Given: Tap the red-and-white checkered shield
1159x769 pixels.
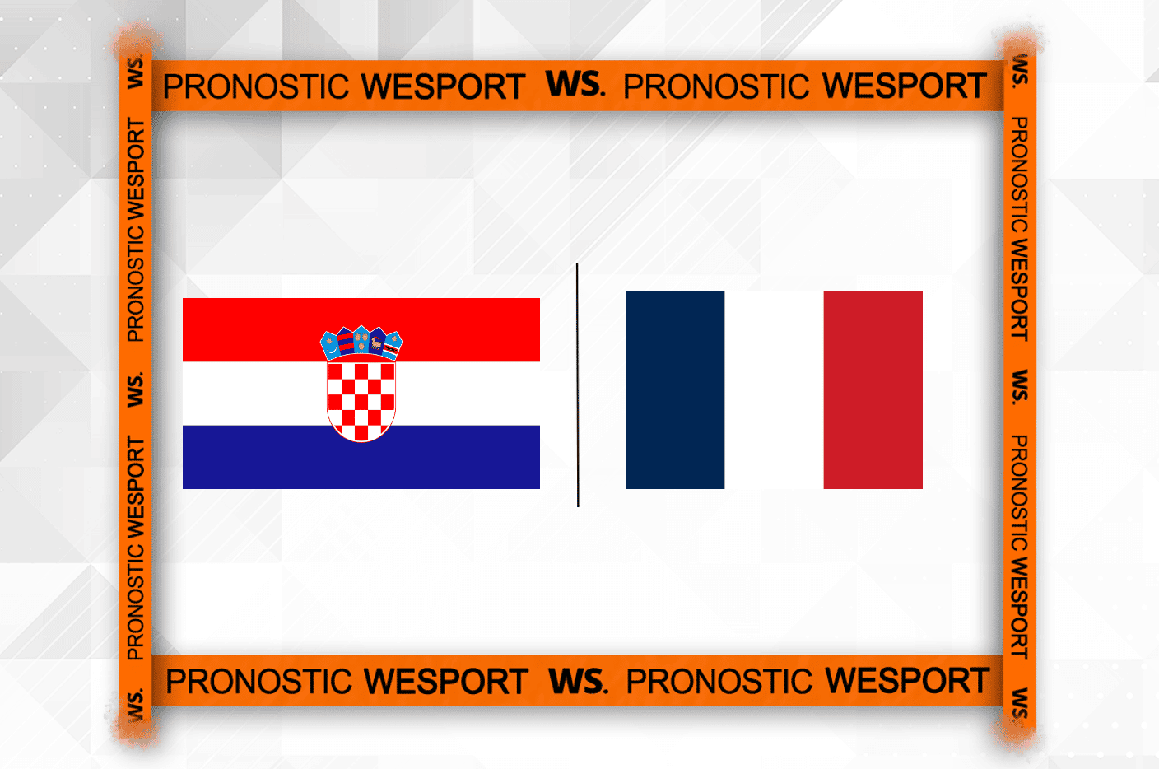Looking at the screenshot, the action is [x=361, y=402].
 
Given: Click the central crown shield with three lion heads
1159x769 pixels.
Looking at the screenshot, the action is [x=361, y=339].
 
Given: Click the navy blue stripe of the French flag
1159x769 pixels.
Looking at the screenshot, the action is [x=675, y=390].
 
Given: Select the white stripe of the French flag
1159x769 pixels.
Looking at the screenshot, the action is [x=774, y=390].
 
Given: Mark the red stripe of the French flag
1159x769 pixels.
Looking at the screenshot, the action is [x=873, y=390].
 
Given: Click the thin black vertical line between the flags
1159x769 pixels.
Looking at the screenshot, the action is [x=577, y=385].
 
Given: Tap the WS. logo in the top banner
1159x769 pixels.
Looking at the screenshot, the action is [x=575, y=84].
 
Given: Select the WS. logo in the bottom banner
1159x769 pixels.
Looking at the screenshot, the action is [x=578, y=681].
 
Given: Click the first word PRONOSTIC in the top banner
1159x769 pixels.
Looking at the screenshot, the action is [x=256, y=86].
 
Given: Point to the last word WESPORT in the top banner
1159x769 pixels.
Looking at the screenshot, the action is [x=905, y=86].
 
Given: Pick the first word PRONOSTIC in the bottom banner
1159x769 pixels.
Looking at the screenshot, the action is [x=258, y=681].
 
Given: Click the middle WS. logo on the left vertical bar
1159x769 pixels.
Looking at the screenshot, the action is [x=135, y=389].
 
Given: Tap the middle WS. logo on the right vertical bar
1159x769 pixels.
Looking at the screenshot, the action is [x=1020, y=387].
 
